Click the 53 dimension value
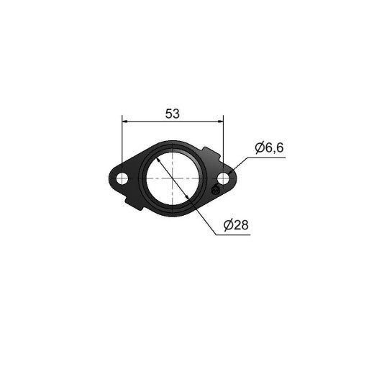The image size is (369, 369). click(172, 114)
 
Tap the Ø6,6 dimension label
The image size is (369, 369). click(269, 147)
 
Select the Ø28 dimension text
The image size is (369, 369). click(236, 225)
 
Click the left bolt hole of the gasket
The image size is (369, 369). click(122, 178)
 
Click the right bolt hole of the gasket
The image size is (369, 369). click(224, 178)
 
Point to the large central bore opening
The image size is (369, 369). click(173, 178)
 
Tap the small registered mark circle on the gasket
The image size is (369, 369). click(215, 190)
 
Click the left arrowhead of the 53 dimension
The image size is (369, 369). click(125, 122)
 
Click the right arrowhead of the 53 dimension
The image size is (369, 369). click(221, 122)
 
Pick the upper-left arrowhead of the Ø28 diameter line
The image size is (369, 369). click(158, 160)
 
